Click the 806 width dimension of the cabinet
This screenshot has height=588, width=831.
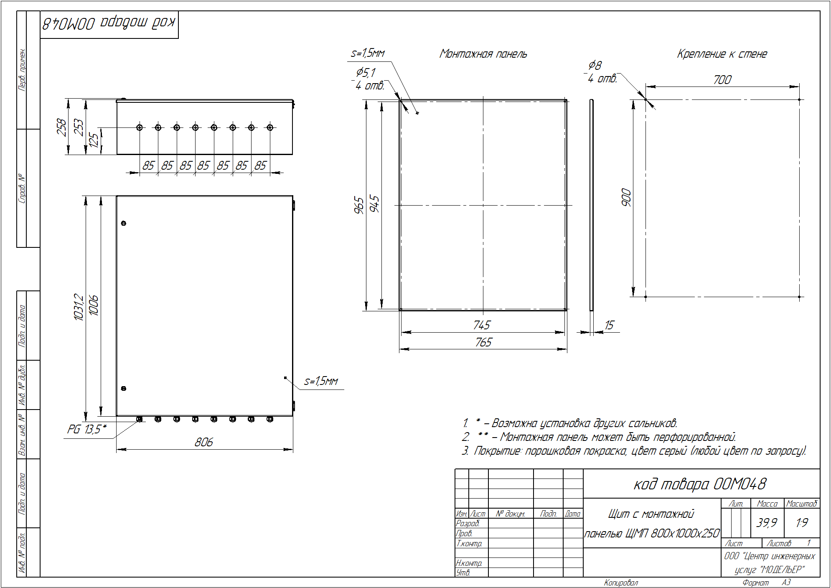click(204, 442)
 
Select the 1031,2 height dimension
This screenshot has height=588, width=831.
click(79, 307)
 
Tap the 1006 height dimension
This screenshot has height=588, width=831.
click(94, 305)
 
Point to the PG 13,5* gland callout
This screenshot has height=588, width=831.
click(87, 429)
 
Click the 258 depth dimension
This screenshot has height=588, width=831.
click(61, 127)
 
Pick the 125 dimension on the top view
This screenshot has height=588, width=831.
click(94, 140)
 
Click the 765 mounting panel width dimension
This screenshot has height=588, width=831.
click(483, 342)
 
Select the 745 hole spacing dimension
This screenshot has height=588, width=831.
click(482, 325)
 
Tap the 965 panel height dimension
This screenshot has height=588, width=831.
click(359, 205)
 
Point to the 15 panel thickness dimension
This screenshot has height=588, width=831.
click(609, 325)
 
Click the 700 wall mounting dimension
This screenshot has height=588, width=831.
click(722, 79)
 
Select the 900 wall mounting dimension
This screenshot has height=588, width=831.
click(626, 197)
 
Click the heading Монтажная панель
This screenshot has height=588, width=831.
click(483, 54)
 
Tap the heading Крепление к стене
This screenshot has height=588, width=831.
click(722, 54)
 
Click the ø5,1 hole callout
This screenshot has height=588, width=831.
click(366, 73)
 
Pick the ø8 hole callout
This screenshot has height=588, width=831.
click(595, 65)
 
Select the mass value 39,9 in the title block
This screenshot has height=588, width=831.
click(767, 522)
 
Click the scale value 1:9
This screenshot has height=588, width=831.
click(802, 522)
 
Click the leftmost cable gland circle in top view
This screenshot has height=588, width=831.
click(140, 127)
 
